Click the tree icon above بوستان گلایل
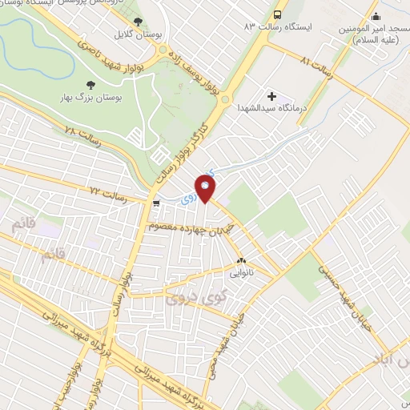coord(138,22)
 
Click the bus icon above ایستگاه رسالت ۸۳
coord(277,14)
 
